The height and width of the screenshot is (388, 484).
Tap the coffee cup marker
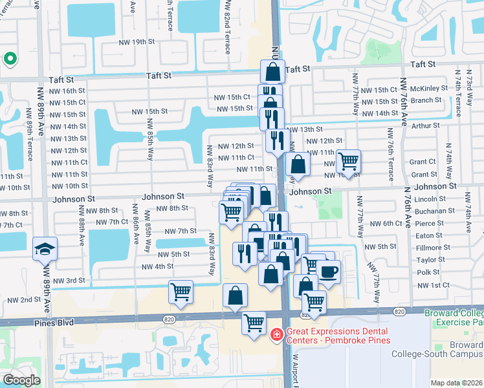pos(328,272)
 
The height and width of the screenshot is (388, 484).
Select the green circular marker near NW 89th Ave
pos(10,59)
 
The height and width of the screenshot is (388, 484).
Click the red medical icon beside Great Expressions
pos(276,334)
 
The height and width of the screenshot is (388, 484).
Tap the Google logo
pos(21,380)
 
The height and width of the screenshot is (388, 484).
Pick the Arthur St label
pos(426,125)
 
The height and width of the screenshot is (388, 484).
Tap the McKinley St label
pos(429,89)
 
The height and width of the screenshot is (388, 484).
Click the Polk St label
pos(428,272)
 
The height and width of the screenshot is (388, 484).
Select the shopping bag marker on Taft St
pos(272,71)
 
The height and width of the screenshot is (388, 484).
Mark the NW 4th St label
pos(157,266)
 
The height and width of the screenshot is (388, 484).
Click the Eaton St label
pos(429,236)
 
